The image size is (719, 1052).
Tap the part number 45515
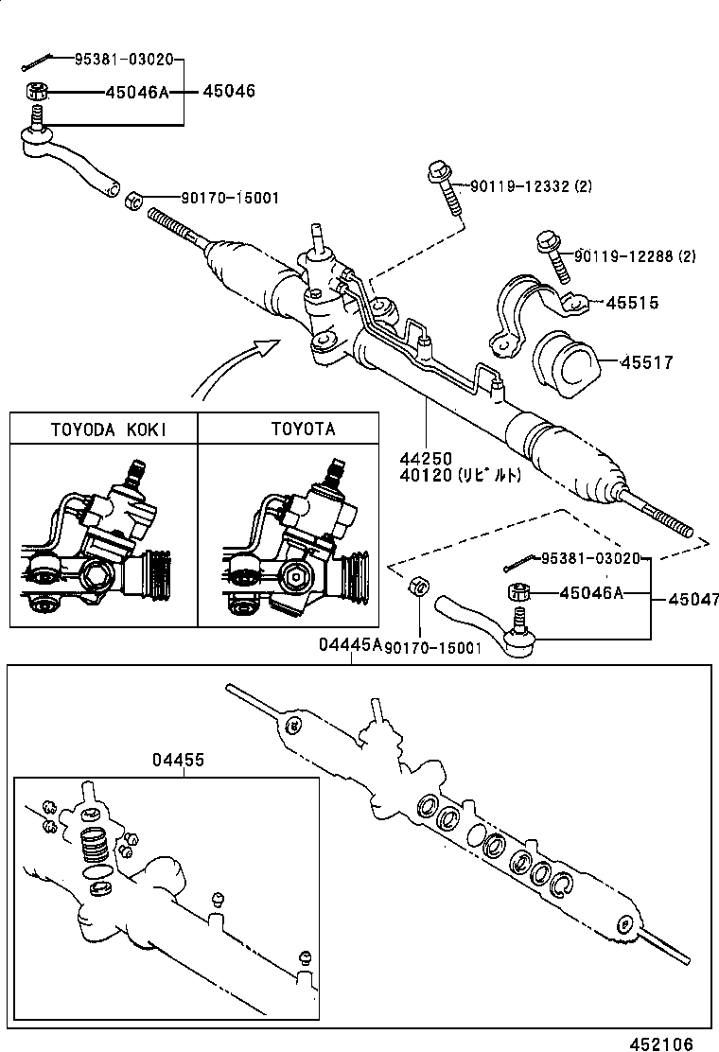coord(632,304)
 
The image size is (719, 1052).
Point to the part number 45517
coord(647,362)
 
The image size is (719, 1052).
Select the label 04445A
coord(349,644)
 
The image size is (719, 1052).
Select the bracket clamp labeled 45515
coord(520,310)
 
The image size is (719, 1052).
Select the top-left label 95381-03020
coord(124,60)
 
